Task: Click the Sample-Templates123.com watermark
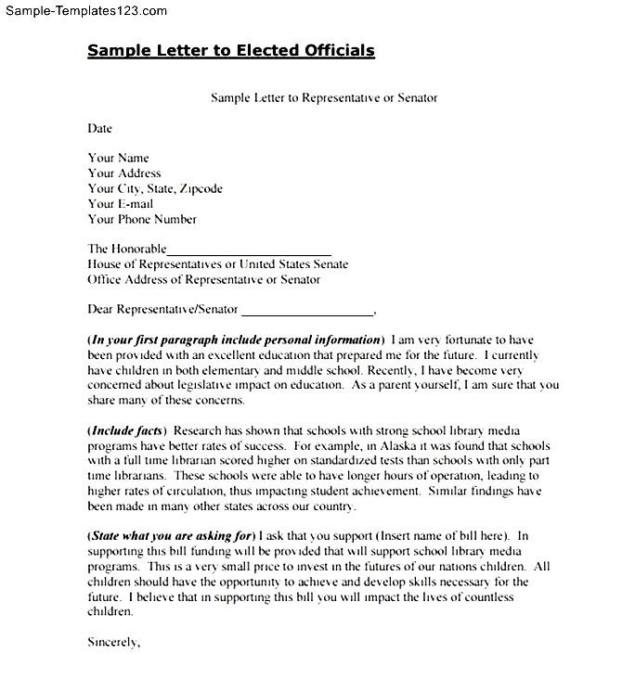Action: (84, 11)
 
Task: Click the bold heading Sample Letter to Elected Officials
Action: (231, 51)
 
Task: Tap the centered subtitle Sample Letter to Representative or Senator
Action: (323, 97)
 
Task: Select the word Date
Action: (99, 128)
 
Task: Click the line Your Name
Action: (118, 158)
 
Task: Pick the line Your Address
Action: (124, 173)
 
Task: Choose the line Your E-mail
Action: (121, 204)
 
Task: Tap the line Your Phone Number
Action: (142, 220)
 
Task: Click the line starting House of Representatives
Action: (217, 264)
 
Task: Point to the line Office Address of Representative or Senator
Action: (203, 279)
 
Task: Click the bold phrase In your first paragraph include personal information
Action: (236, 339)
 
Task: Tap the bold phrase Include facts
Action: (127, 430)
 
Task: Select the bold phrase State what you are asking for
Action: (172, 536)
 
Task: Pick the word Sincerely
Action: (113, 642)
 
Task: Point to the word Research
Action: (198, 430)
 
